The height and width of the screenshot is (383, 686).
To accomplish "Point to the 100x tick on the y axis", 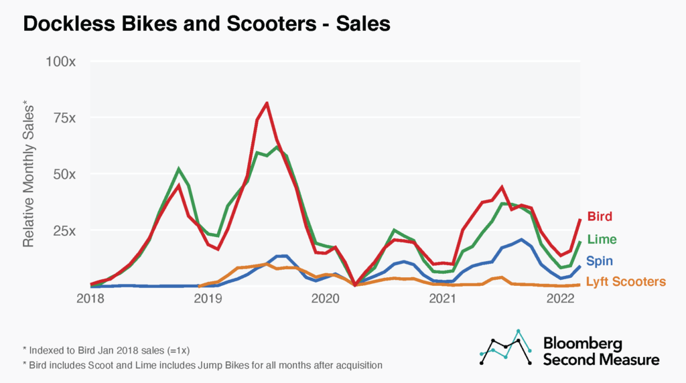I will click(x=61, y=62).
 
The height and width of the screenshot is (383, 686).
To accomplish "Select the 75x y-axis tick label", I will click(x=64, y=118).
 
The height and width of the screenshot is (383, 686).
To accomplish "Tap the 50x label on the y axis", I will click(x=64, y=174).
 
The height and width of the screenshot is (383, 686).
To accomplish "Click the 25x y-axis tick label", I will click(x=64, y=230).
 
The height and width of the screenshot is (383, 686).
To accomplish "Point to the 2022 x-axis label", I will click(x=560, y=298).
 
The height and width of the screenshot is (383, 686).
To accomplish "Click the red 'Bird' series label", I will click(x=600, y=217).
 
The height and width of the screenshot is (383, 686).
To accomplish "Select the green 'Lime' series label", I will click(x=602, y=239).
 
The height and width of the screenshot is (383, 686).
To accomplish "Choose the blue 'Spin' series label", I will click(x=600, y=260).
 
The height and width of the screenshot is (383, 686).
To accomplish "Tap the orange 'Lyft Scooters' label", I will click(x=626, y=282).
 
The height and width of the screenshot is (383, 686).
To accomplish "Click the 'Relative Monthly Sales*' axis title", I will click(x=29, y=173).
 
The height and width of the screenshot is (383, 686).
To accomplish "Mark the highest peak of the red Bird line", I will click(x=267, y=103).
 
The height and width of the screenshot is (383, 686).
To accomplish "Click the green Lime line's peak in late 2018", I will click(x=178, y=169).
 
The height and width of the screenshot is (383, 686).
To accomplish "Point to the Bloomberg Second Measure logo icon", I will click(x=506, y=348).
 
